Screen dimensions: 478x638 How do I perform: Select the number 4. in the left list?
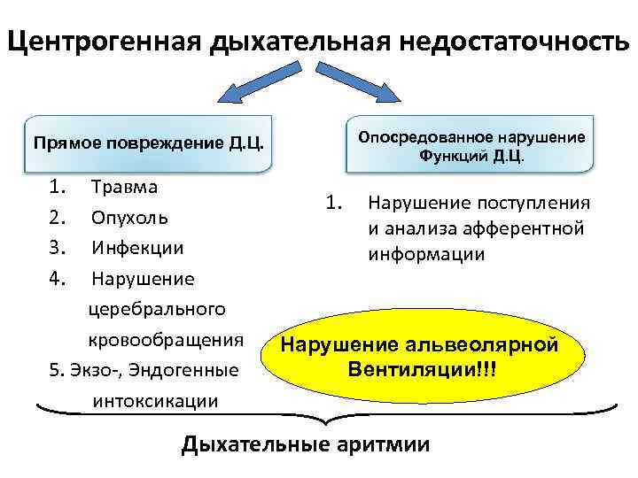pyautogui.click(x=58, y=279)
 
